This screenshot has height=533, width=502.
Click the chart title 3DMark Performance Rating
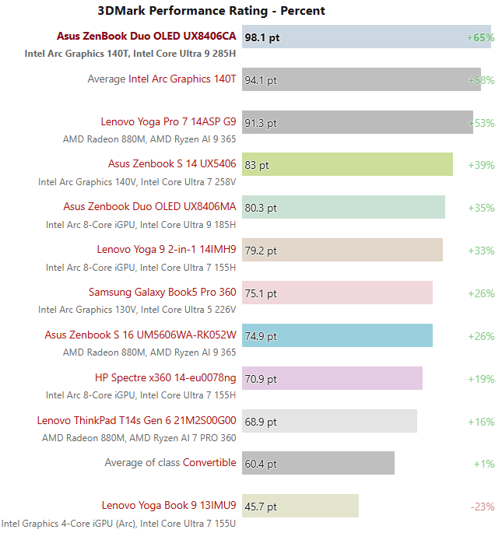211,11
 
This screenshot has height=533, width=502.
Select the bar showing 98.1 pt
366,37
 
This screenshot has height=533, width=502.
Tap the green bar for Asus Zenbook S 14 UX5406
347,165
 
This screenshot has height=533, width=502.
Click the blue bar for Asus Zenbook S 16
337,335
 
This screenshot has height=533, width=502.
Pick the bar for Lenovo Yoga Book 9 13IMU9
300,506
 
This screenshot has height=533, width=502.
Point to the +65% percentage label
480,37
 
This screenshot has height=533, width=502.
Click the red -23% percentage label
483,507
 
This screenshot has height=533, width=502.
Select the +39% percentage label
481,165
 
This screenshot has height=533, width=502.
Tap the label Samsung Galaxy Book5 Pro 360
162,293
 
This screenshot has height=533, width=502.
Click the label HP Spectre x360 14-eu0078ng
165,377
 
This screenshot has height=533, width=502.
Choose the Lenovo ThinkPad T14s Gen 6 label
136,420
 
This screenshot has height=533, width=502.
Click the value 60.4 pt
261,464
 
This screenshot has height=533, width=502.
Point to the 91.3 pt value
261,123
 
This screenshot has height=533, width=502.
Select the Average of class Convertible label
170,463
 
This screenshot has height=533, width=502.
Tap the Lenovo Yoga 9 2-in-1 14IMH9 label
167,250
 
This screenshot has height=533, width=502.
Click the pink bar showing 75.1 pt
337,293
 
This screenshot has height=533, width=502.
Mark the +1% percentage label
484,464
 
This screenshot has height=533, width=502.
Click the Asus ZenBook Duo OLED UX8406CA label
146,37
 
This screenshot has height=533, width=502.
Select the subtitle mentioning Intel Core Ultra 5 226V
137,310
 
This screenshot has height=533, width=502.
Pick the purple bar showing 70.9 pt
332,378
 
